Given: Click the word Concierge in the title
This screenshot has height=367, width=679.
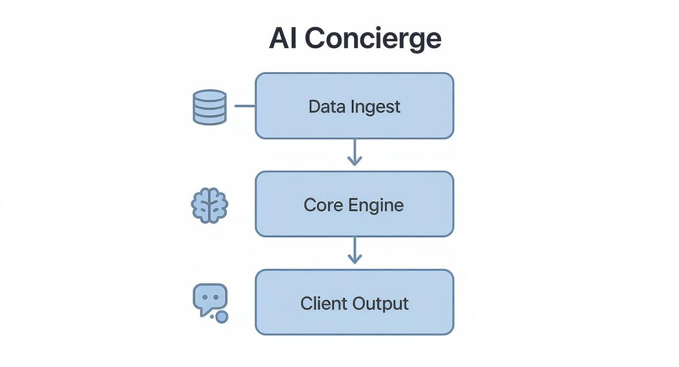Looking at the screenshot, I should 373,39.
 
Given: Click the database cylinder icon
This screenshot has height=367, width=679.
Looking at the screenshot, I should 210,107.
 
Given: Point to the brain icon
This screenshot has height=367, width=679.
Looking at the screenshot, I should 210,205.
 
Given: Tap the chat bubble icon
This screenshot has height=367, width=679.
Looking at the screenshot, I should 210,298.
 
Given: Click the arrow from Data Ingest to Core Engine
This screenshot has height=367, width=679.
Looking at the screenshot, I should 355,151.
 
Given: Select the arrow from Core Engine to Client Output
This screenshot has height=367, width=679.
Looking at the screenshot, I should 355,250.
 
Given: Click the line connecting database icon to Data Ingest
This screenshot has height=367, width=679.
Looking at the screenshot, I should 245,106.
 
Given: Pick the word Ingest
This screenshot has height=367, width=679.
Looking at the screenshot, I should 376,107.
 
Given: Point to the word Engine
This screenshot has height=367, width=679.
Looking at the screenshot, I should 376,205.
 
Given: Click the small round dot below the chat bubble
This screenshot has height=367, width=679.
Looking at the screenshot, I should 222,317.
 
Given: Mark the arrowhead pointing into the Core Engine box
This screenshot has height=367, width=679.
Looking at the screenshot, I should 355,161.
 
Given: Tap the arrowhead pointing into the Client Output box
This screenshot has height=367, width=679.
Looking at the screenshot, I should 355,260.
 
